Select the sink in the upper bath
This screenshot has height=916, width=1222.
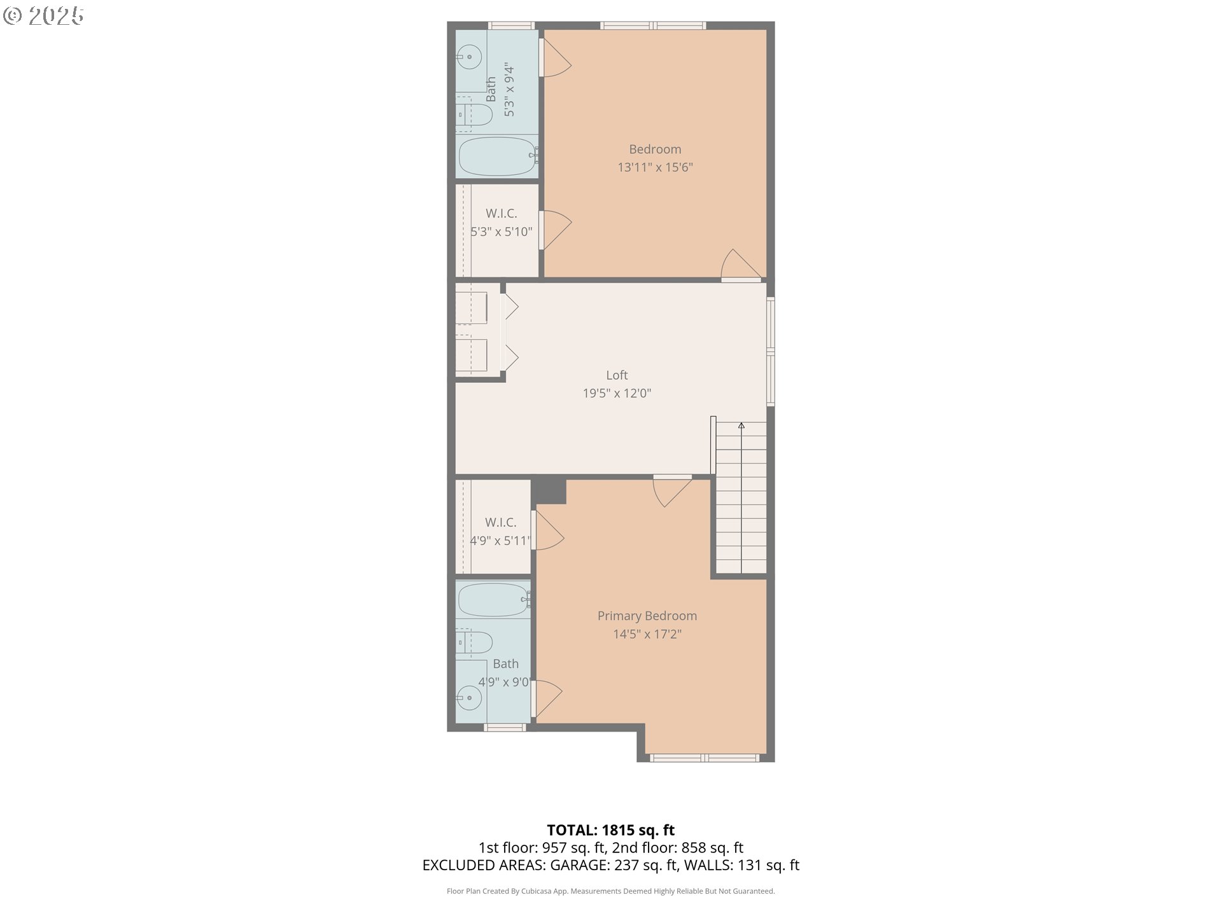[469, 57]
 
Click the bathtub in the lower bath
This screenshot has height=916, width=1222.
[494, 600]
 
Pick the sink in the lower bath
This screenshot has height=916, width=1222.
[469, 698]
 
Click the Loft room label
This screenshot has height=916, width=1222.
[617, 375]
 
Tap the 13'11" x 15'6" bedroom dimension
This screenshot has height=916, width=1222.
[655, 167]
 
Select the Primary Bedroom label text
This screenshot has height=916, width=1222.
[647, 616]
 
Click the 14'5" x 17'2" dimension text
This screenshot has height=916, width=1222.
[647, 634]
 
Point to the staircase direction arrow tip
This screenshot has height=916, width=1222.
[741, 423]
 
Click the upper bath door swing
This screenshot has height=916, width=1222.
[556, 59]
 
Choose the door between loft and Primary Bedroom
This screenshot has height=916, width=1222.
[672, 490]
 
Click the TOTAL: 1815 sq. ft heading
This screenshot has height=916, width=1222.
[611, 830]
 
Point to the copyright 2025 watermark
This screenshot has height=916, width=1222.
[43, 16]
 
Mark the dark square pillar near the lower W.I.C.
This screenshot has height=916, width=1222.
[549, 490]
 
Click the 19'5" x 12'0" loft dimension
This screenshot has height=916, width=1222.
[617, 393]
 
